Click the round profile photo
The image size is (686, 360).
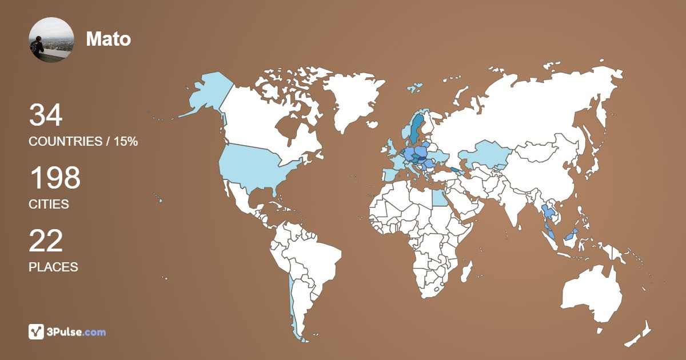[51, 39]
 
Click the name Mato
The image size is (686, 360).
[109, 39]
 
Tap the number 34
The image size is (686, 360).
[46, 115]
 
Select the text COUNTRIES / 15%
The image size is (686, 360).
[83, 142]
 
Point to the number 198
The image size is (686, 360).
[54, 178]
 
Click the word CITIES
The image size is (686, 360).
[49, 205]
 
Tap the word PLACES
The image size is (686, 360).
[53, 267]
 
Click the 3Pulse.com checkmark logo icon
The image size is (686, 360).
[37, 331]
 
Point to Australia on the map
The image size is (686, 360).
[592, 294]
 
